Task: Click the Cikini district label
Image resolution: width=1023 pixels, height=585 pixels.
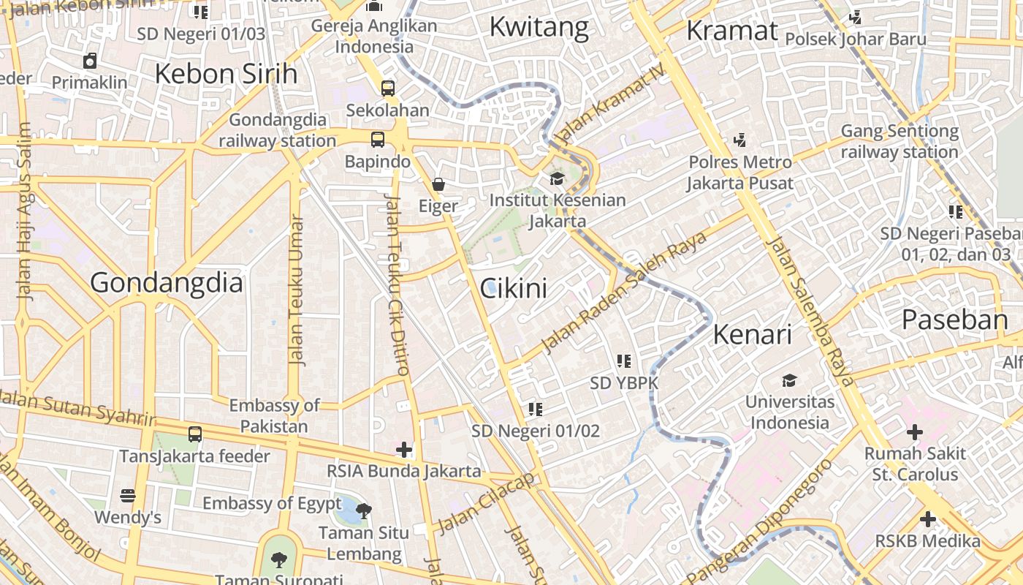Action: click(x=513, y=288)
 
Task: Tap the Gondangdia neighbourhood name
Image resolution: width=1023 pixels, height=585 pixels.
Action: click(x=166, y=282)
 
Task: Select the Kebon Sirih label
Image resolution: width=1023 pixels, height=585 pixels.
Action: click(x=226, y=74)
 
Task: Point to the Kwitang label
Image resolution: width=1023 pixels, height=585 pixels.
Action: click(x=539, y=27)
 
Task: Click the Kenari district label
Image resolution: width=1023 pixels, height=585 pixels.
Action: click(x=752, y=334)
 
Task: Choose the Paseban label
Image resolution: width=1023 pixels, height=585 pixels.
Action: click(x=954, y=320)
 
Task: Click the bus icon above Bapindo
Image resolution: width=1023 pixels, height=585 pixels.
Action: click(x=377, y=140)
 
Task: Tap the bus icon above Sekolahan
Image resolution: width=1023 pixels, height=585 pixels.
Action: click(x=387, y=88)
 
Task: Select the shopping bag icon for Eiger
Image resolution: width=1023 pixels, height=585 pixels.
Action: click(x=438, y=184)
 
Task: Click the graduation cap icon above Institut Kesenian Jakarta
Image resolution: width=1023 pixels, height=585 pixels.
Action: click(x=558, y=178)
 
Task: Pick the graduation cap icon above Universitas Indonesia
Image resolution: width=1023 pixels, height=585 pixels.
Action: click(x=789, y=380)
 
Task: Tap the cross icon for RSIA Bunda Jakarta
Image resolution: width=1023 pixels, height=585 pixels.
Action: click(x=404, y=449)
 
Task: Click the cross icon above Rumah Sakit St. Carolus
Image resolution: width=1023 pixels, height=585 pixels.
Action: click(x=914, y=432)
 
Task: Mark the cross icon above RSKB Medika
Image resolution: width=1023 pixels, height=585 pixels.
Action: click(x=927, y=520)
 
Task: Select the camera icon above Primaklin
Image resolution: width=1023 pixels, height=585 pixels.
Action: click(x=90, y=61)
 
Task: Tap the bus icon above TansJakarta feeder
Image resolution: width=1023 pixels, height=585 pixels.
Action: click(x=195, y=434)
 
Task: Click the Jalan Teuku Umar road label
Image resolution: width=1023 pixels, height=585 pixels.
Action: click(x=295, y=290)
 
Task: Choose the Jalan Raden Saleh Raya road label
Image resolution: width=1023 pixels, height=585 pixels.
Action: click(x=625, y=292)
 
